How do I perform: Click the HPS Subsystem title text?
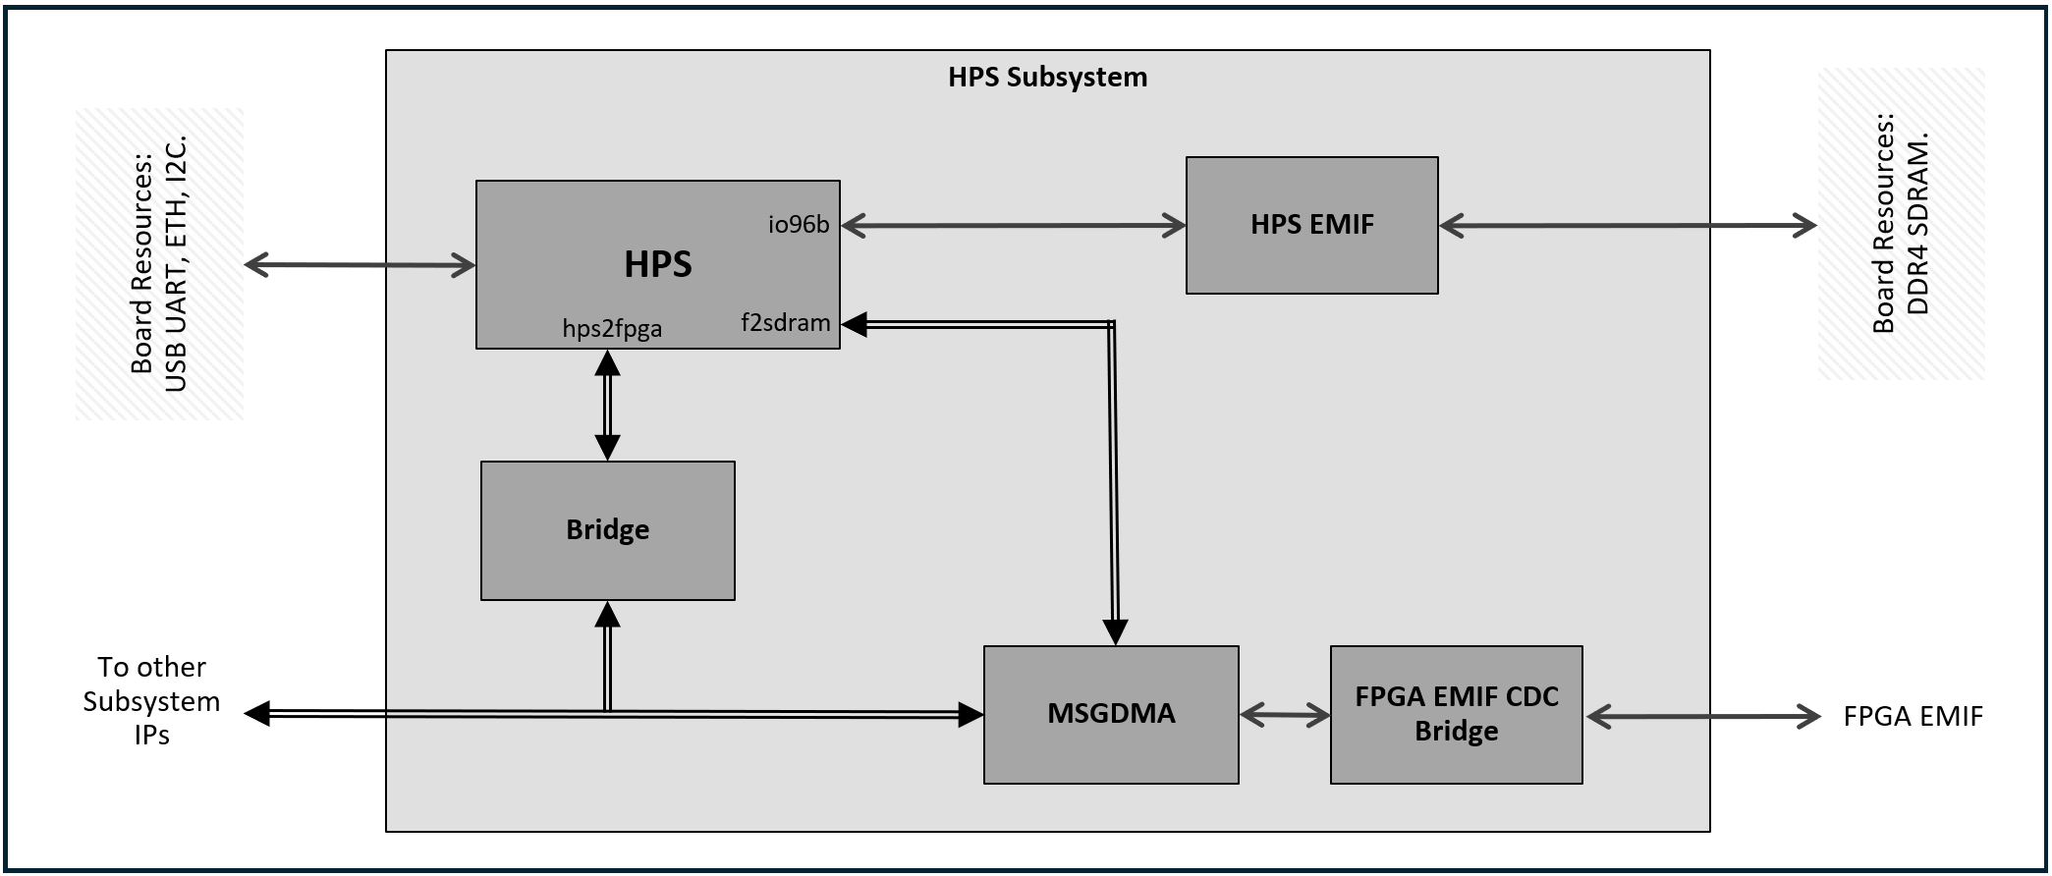[1047, 78]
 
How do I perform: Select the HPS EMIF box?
[1311, 225]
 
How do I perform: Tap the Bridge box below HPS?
[607, 530]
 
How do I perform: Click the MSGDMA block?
[1110, 714]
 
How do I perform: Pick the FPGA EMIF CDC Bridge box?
[1456, 714]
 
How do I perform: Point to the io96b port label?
[798, 225]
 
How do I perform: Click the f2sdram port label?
[785, 323]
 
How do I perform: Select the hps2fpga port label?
[612, 329]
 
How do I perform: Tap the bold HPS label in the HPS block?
[657, 264]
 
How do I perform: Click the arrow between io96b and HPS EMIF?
[1013, 226]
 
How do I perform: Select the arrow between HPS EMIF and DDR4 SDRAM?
[1627, 226]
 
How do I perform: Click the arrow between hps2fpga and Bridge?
[607, 405]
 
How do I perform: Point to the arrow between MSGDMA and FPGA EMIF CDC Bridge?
[1284, 716]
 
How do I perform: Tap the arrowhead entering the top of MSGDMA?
[1115, 631]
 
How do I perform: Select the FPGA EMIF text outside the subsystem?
[1912, 717]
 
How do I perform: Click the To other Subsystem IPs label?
[151, 701]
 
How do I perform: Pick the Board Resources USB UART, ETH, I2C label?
[158, 264]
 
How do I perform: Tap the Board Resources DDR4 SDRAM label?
[1900, 225]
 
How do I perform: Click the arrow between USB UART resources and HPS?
[360, 265]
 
